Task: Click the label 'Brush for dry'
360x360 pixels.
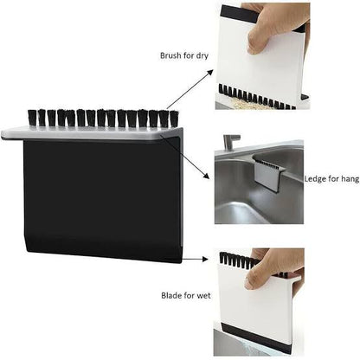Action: click(183, 55)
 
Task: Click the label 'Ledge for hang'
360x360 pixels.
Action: click(331, 179)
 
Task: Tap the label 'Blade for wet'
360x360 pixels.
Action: click(183, 295)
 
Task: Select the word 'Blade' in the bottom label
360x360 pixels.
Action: click(170, 295)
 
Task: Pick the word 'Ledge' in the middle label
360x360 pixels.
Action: click(316, 179)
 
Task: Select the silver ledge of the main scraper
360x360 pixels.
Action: click(95, 134)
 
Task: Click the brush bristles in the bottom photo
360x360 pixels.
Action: click(238, 258)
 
